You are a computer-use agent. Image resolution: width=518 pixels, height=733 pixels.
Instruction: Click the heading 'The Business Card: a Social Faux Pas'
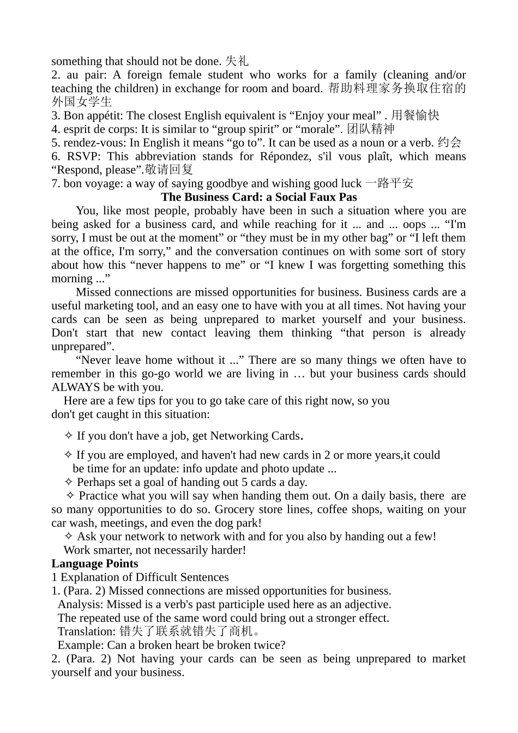click(x=259, y=197)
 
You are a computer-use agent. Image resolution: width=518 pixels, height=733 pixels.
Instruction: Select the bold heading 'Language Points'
click(x=95, y=564)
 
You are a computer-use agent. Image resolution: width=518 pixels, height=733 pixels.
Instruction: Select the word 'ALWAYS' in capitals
click(x=76, y=387)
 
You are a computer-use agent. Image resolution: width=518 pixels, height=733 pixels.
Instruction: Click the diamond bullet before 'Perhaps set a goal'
click(x=69, y=482)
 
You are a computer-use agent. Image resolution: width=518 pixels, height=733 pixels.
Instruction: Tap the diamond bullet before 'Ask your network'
click(x=69, y=537)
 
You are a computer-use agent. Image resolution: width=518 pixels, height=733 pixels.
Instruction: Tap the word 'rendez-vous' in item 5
click(x=94, y=143)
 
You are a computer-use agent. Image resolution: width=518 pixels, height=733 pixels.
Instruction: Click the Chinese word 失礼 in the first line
click(x=237, y=61)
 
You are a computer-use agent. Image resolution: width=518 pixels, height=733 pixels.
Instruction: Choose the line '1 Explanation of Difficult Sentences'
click(x=140, y=578)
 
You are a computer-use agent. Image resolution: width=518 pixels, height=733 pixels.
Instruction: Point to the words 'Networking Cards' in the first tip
click(x=255, y=436)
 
